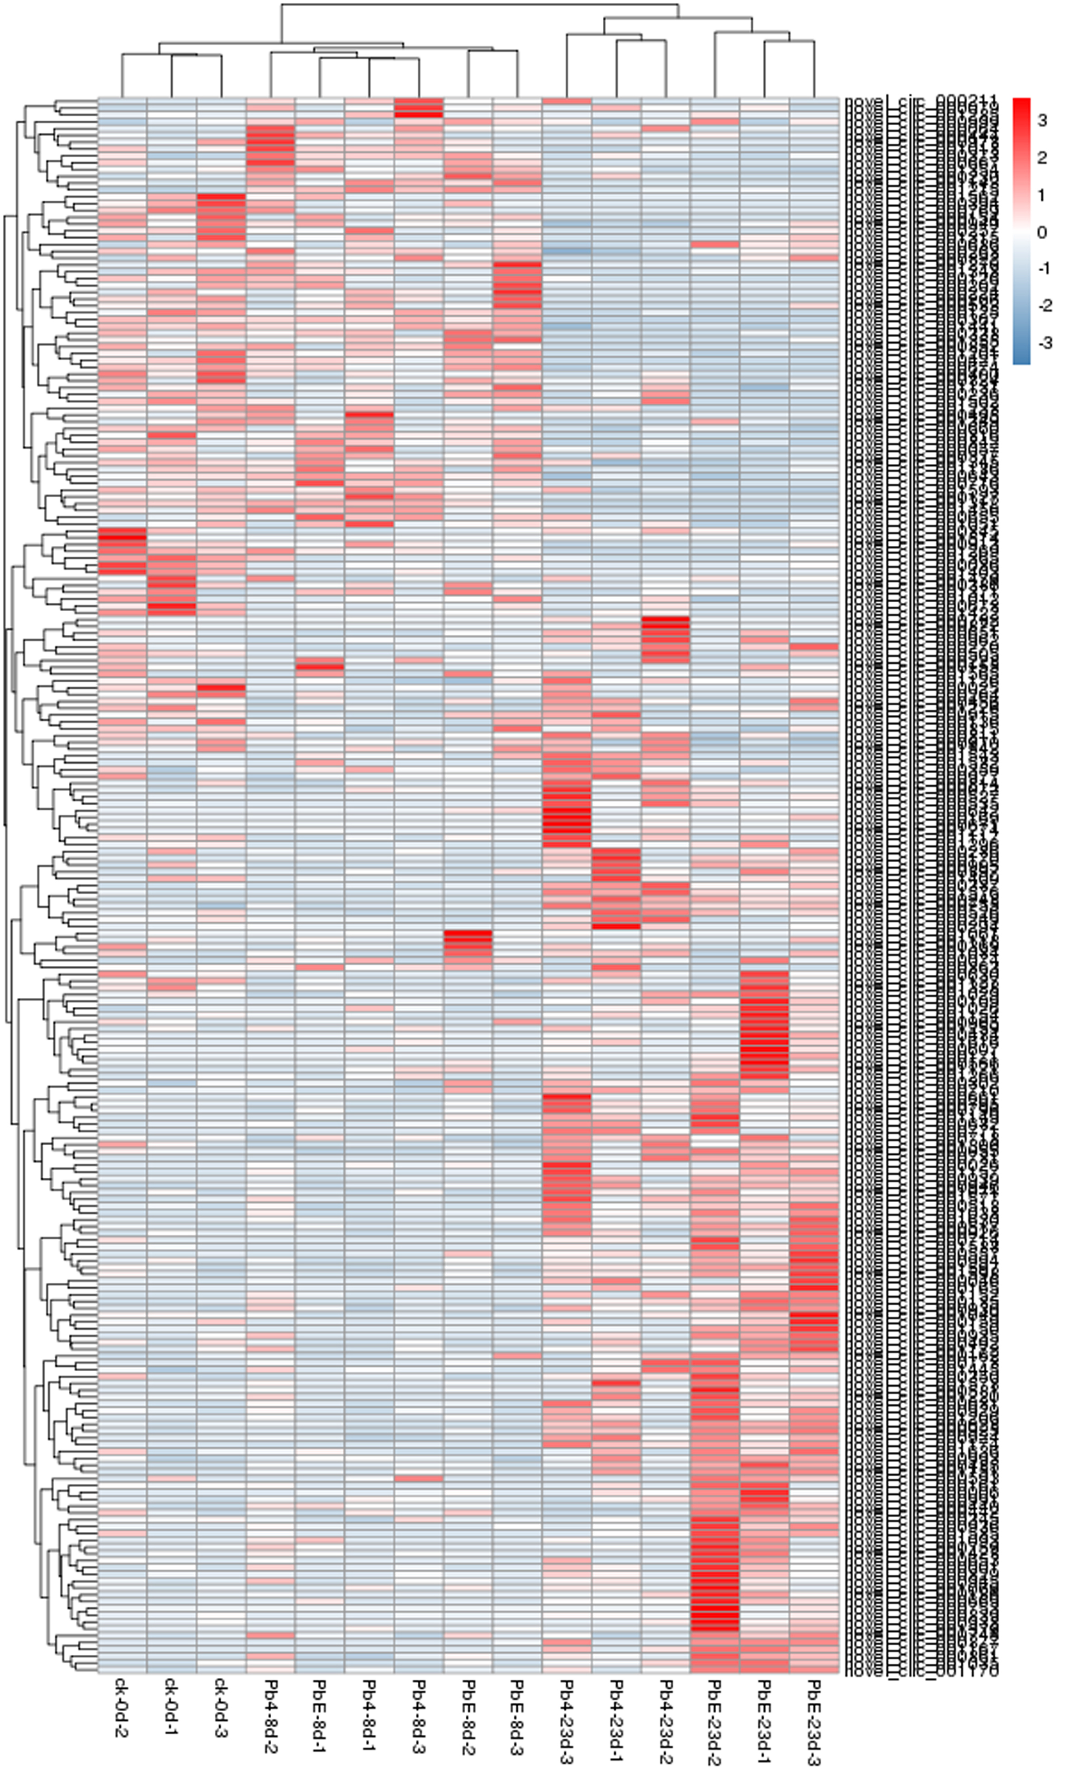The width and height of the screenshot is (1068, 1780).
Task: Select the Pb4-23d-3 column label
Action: [x=567, y=1721]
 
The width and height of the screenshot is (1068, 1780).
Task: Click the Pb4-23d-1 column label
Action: [x=616, y=1721]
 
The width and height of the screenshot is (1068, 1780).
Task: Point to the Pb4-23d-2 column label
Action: [x=666, y=1721]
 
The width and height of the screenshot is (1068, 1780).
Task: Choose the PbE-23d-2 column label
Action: [x=715, y=1721]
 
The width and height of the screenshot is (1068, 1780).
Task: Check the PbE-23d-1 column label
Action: [x=764, y=1721]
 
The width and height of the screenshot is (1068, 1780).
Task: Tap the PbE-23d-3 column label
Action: [x=813, y=1721]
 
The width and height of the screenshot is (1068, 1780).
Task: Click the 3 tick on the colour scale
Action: [x=1042, y=121]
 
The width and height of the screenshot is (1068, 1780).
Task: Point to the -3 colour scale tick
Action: [x=1045, y=343]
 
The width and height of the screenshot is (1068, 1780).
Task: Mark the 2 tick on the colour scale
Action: [x=1042, y=158]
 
